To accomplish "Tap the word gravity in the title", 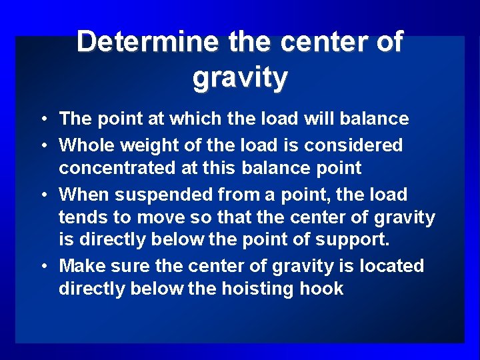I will click(240, 79).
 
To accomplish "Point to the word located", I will click(391, 267).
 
